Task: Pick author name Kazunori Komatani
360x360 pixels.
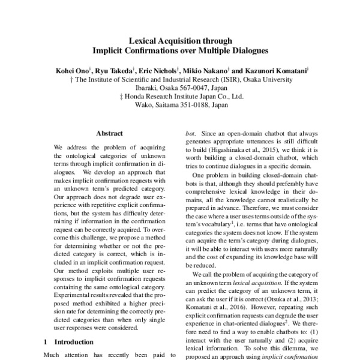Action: pyautogui.click(x=277, y=70)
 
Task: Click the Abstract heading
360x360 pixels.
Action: pyautogui.click(x=109, y=133)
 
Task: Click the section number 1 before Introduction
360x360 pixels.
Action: pyautogui.click(x=46, y=342)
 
